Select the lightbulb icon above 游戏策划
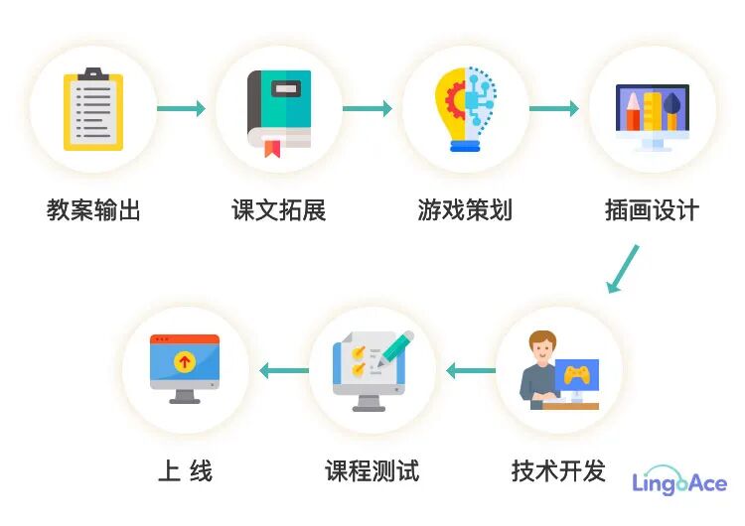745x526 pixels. coord(466,108)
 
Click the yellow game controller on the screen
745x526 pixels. coord(576,374)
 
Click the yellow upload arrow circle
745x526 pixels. coord(184,362)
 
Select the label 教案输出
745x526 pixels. coord(93,210)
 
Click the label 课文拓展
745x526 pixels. coord(279,210)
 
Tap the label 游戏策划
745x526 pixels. coord(466,210)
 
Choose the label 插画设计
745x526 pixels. coord(652,210)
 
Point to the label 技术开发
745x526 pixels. coord(558,470)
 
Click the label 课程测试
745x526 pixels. coord(372,470)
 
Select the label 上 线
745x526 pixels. coord(185,470)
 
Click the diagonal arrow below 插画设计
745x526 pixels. coord(623,269)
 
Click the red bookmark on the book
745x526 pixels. coord(271,149)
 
